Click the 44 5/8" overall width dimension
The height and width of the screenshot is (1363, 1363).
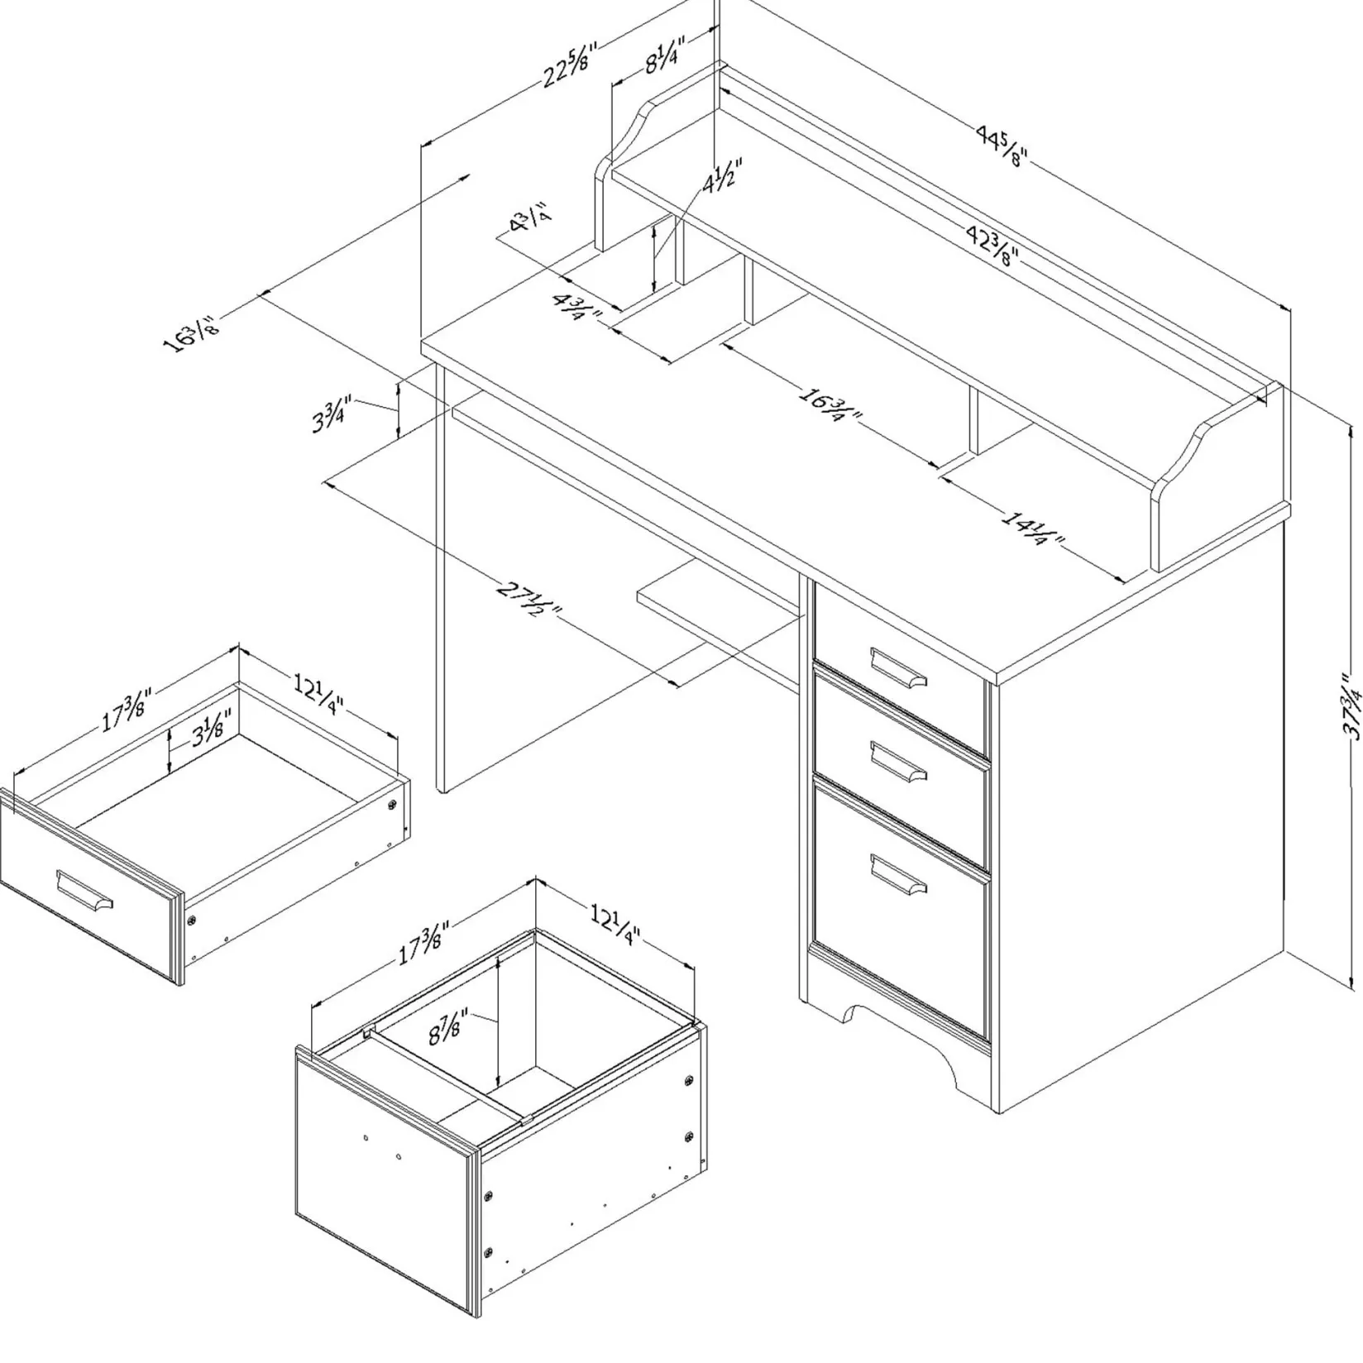pos(1001,148)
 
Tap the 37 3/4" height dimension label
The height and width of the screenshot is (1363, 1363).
pos(1351,716)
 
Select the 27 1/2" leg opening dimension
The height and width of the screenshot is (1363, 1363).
pos(529,600)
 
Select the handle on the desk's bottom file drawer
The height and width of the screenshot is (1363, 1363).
pos(898,874)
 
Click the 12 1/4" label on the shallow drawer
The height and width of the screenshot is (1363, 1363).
pos(318,693)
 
